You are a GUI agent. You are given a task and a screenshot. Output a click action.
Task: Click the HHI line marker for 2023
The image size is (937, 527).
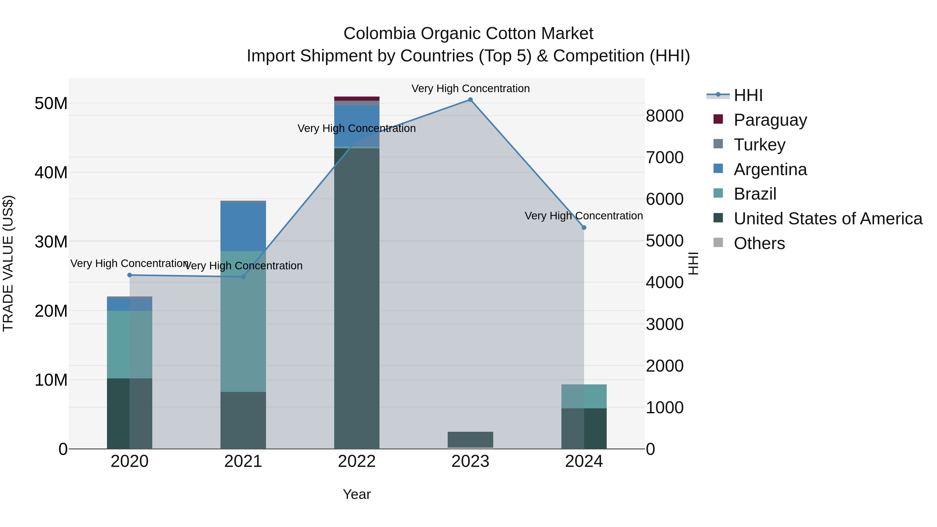click(x=470, y=100)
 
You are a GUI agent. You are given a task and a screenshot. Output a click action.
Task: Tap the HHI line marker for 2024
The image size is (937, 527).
click(x=584, y=228)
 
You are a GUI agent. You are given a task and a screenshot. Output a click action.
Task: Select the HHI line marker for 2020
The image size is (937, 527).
click(x=130, y=275)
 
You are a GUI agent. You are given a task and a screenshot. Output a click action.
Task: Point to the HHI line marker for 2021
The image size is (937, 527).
click(x=243, y=277)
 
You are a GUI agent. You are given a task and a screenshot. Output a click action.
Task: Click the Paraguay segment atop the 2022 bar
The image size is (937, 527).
click(x=357, y=99)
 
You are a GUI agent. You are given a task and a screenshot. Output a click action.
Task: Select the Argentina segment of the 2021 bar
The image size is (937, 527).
click(x=243, y=227)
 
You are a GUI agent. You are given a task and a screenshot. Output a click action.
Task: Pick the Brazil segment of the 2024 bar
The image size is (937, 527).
click(x=584, y=396)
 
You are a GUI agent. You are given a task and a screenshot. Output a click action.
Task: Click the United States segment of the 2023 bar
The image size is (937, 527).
click(x=470, y=439)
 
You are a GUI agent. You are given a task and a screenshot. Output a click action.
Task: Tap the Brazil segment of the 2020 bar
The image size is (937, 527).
click(x=130, y=344)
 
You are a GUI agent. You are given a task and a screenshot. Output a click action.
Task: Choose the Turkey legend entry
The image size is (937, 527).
click(x=759, y=145)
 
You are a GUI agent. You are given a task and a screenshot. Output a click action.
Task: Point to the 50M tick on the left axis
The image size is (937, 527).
click(x=51, y=104)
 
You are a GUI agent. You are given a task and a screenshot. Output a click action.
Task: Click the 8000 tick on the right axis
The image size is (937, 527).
click(x=664, y=116)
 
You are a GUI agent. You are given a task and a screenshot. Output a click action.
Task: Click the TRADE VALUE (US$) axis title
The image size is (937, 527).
click(x=8, y=263)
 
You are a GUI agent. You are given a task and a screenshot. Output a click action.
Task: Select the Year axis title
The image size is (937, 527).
click(x=357, y=494)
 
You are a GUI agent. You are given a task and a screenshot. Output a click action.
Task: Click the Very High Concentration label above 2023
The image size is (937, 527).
click(x=470, y=88)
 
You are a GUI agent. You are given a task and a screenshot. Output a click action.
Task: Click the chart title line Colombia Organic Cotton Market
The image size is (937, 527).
click(x=468, y=34)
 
